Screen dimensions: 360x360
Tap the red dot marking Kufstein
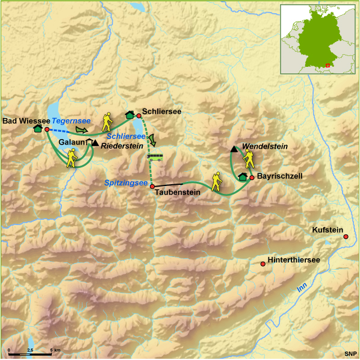pos(346,237)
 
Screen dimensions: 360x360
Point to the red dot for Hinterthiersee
pos(262,264)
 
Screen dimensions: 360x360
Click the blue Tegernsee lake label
pos(71,120)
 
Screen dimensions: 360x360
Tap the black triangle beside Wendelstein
pos(234,149)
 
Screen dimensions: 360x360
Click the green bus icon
pos(155,157)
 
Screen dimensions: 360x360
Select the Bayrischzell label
pos(279,176)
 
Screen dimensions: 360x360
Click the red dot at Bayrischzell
pos(252,178)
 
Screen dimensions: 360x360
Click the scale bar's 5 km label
pos(55,350)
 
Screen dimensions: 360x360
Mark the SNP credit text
pos(350,353)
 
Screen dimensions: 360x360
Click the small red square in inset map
pos(328,64)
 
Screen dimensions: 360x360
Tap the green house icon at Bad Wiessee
pos(38,128)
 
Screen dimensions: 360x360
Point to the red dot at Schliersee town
pos(139,116)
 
